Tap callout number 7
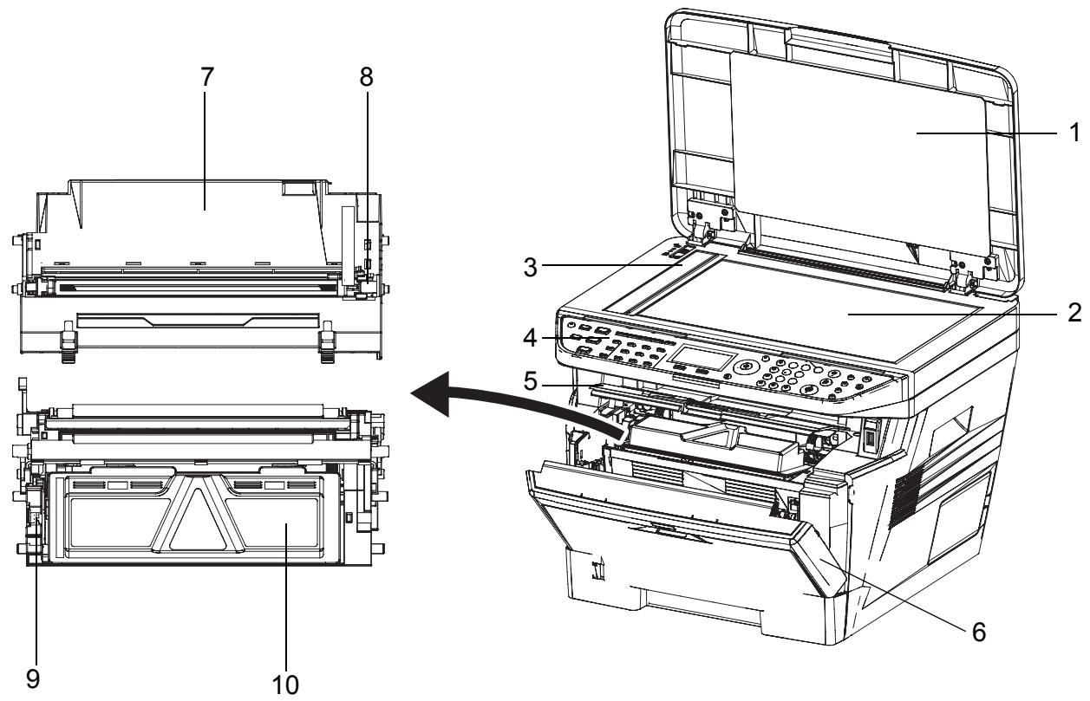pos(206,77)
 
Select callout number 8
pos(368,77)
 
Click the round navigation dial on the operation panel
pos(743,367)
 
